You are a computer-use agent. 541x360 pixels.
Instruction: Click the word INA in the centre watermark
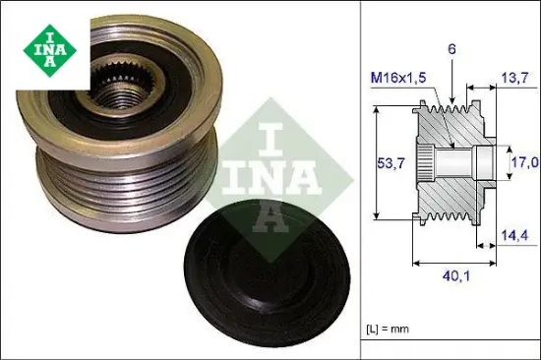262,174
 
